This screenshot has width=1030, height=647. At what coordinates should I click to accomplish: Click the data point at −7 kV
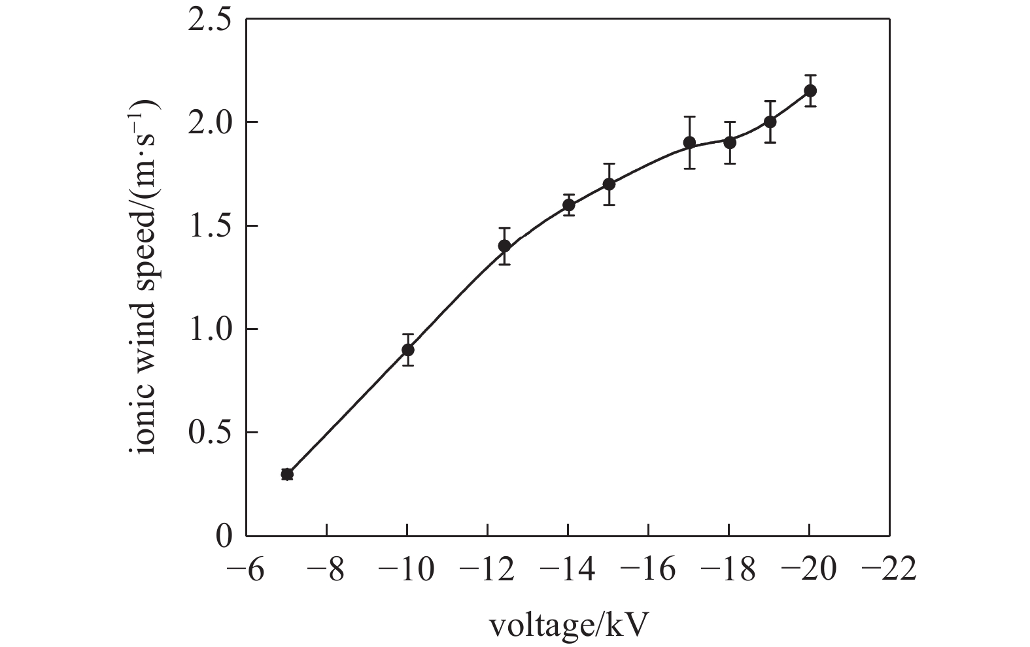[287, 474]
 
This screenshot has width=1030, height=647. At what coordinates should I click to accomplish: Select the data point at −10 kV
[408, 350]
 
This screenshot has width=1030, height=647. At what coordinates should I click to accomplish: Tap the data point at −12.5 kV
[504, 246]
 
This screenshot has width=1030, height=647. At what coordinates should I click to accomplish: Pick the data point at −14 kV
[569, 205]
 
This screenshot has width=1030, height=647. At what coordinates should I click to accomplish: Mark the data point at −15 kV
[609, 184]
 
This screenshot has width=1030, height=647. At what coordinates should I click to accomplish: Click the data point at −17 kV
[689, 142]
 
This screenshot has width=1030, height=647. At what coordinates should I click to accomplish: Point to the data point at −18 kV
[730, 142]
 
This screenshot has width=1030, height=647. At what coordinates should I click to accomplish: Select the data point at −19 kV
[770, 122]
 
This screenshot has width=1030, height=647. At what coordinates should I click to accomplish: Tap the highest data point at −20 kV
[810, 91]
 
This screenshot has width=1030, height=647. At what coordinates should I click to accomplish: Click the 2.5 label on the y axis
[209, 20]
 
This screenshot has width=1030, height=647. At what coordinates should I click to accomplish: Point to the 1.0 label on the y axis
[209, 329]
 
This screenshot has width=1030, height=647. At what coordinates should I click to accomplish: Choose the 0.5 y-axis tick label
[209, 433]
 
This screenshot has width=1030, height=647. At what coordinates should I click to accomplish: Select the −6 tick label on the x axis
[245, 570]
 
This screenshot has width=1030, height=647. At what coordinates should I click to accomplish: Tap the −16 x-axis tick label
[648, 570]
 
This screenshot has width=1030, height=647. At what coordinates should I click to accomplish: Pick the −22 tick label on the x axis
[889, 570]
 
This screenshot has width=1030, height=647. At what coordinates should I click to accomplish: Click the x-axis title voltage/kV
[569, 626]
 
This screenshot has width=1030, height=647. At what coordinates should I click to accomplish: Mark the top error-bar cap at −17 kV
[689, 117]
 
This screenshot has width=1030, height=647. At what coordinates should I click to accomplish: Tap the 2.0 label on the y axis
[209, 123]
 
